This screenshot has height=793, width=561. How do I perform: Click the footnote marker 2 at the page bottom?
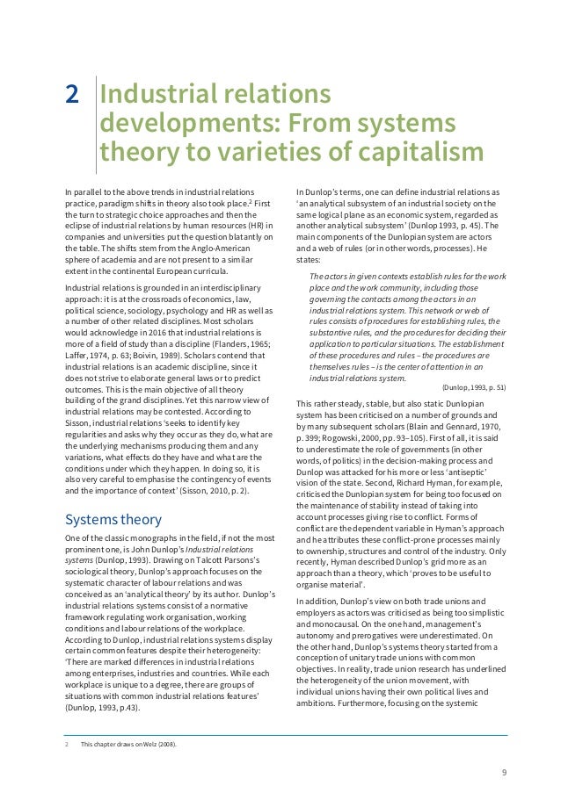(67, 745)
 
